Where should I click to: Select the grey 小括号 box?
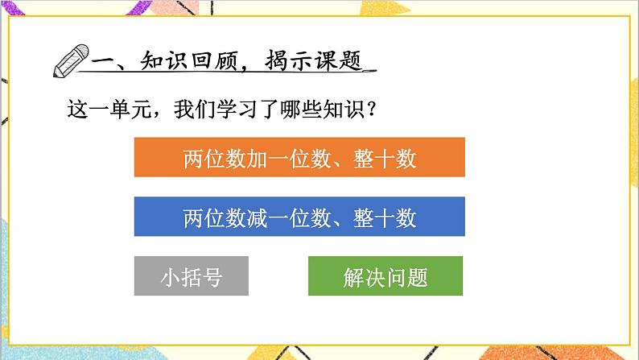(192, 276)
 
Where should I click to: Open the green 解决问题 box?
(385, 276)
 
